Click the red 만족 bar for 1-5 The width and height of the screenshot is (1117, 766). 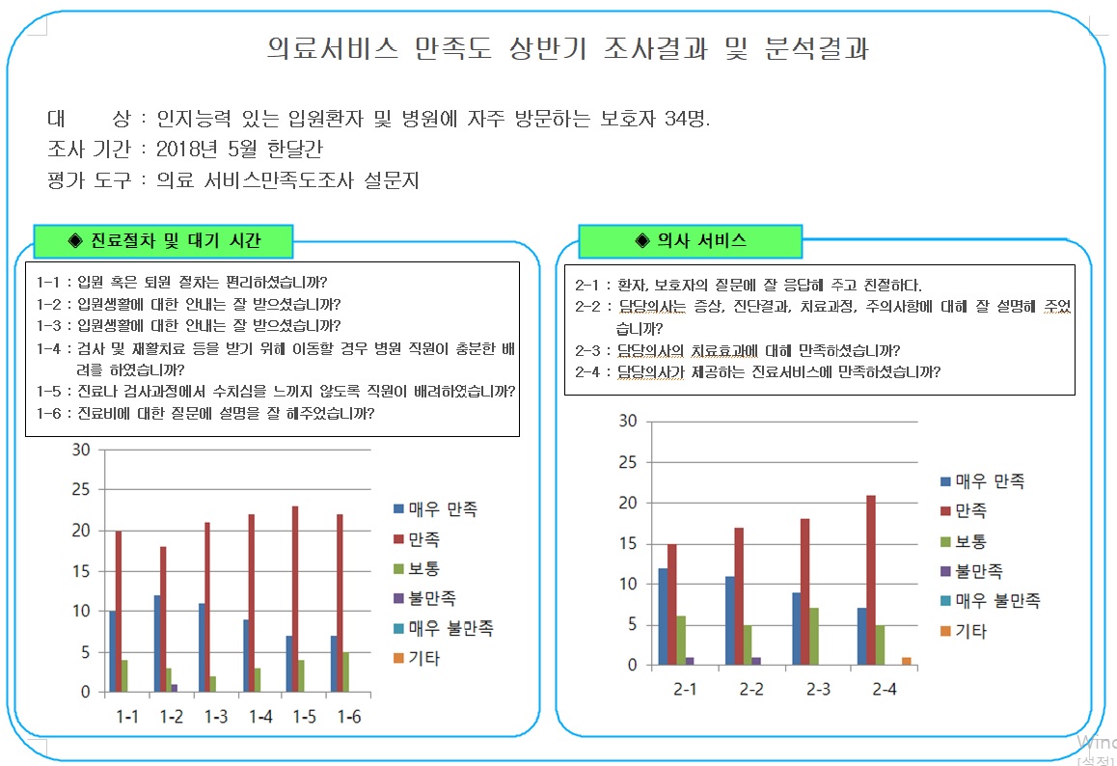[x=296, y=599]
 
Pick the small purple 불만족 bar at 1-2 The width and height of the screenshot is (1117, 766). [x=175, y=688]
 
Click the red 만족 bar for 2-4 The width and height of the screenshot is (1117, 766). [x=871, y=580]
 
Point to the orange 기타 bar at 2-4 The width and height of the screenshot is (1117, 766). [x=906, y=661]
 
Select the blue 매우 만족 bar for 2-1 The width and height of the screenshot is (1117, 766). [x=662, y=616]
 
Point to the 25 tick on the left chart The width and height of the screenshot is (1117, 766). [x=80, y=490]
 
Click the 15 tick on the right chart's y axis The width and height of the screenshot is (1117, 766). [x=627, y=544]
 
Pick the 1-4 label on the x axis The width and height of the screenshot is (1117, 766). [x=260, y=717]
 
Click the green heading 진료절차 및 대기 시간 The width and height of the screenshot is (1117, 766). [x=163, y=239]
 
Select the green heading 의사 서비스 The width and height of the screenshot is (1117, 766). [x=691, y=240]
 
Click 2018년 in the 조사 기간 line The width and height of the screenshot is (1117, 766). [x=181, y=150]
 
